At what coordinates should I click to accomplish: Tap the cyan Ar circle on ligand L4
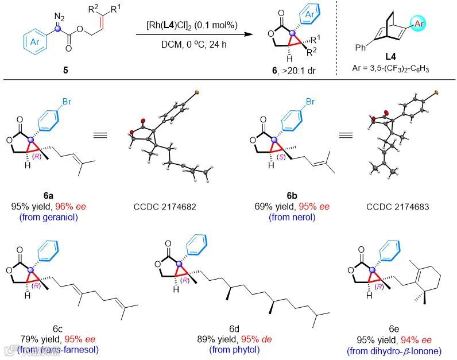pos(431,25)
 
